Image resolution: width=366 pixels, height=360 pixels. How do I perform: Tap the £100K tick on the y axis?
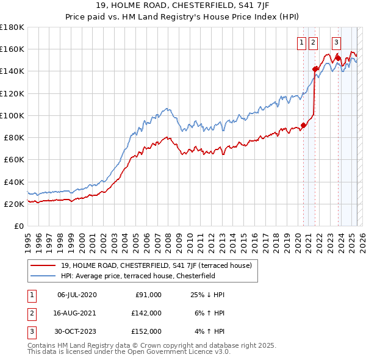coord(12,115)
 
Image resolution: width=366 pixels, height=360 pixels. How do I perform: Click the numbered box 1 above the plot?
coord(303,43)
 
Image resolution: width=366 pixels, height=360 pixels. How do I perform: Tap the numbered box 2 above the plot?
coord(314,43)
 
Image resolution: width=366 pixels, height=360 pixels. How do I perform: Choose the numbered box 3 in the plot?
coord(336,43)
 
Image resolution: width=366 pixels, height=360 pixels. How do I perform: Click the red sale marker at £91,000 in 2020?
coord(303,125)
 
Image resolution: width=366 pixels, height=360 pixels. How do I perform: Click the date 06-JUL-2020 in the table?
coord(77,295)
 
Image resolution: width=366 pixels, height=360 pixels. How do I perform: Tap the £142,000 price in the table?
coord(146,313)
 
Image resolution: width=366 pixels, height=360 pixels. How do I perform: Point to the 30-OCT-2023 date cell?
coord(77,331)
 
